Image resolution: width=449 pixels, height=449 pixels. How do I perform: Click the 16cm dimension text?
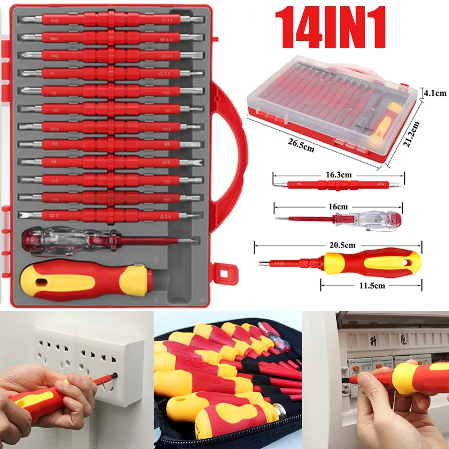(x=338, y=207)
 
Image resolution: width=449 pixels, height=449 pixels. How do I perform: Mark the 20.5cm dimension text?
(x=342, y=245)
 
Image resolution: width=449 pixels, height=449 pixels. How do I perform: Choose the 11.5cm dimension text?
(x=372, y=285)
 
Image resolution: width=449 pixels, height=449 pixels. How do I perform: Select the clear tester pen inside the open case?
(x=62, y=240)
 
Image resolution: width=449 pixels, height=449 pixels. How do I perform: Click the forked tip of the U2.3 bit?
(x=26, y=215)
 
